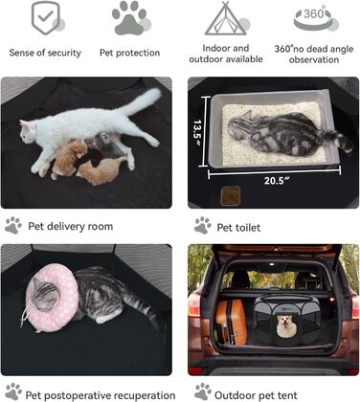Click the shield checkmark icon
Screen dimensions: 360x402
coord(46,18)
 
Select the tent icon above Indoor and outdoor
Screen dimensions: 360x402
coord(225,18)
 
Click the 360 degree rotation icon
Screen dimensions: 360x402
coord(314,18)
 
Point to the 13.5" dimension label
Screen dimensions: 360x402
coord(198,131)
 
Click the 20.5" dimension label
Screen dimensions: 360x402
coord(277,181)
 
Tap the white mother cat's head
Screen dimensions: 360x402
coord(28,131)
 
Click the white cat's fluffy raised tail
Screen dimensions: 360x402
coord(141,101)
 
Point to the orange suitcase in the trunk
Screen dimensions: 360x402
coord(231,322)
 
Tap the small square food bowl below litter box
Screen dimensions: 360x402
coord(231,195)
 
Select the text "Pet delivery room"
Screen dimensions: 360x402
coord(71,226)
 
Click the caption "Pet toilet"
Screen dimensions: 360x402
coord(238,228)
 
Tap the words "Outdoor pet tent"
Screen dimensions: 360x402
coord(256,395)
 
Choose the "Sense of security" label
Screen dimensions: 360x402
coord(45,53)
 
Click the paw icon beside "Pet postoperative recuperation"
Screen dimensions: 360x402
coord(13,391)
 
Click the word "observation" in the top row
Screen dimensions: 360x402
coord(314,59)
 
